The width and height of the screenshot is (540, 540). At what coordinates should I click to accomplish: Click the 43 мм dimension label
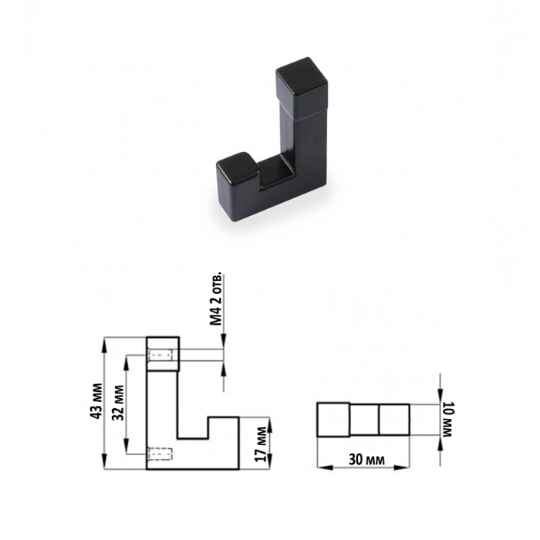(97, 400)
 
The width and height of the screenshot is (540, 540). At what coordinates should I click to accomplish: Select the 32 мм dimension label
(119, 403)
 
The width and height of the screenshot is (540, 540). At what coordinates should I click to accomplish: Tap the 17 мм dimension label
(261, 444)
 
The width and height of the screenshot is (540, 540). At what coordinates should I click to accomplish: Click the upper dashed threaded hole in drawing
(160, 355)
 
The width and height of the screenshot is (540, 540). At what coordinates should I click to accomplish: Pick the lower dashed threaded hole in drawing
(160, 454)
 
